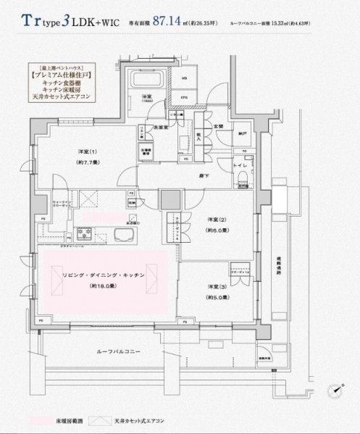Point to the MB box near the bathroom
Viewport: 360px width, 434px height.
pos(184,79)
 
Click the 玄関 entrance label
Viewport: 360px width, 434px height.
pos(218,127)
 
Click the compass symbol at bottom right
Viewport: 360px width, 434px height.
pos(335,390)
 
